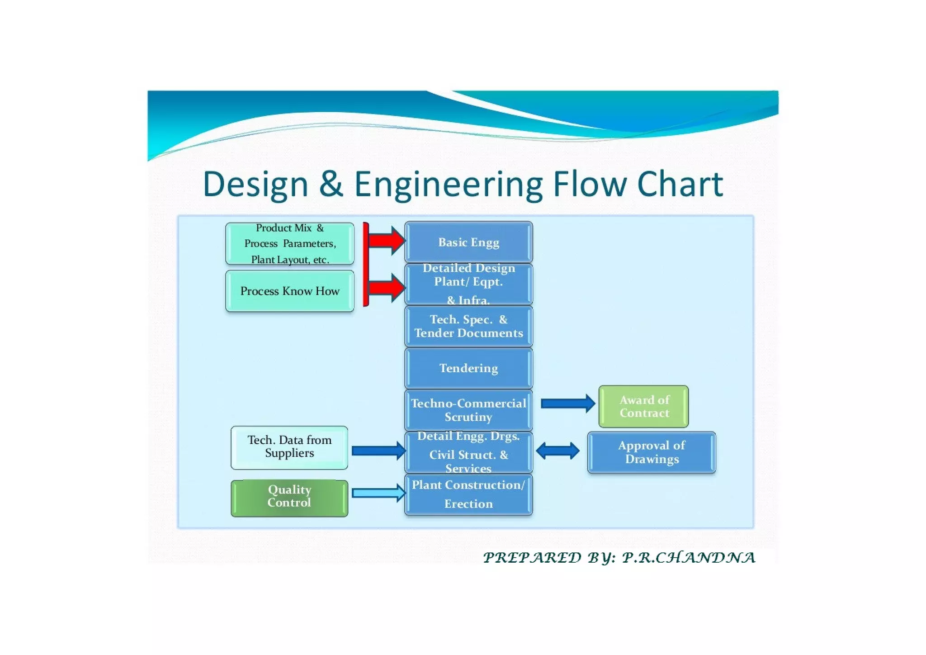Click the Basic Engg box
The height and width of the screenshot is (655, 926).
click(x=468, y=242)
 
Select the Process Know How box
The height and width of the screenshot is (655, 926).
click(x=289, y=291)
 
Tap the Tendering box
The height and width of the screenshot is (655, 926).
click(x=468, y=368)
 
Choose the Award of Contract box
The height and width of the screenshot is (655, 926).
click(x=643, y=406)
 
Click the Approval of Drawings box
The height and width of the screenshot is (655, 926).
click(x=651, y=452)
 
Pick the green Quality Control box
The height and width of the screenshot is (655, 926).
click(x=289, y=498)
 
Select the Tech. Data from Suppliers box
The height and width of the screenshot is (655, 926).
click(x=289, y=447)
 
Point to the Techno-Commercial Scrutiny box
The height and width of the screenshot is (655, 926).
click(x=468, y=410)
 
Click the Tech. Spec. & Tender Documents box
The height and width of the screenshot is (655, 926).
click(x=468, y=326)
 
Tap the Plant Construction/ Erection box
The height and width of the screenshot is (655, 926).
click(x=468, y=494)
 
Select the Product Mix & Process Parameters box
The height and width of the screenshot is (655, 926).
click(x=289, y=243)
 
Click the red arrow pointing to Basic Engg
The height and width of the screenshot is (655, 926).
click(x=387, y=240)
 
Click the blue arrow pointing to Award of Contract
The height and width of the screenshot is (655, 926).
click(x=567, y=403)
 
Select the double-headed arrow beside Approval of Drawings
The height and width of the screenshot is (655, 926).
click(x=557, y=451)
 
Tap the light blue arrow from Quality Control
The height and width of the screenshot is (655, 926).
click(x=378, y=493)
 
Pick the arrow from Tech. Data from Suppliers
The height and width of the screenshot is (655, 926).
click(x=378, y=451)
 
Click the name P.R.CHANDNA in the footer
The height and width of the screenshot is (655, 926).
click(x=688, y=557)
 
